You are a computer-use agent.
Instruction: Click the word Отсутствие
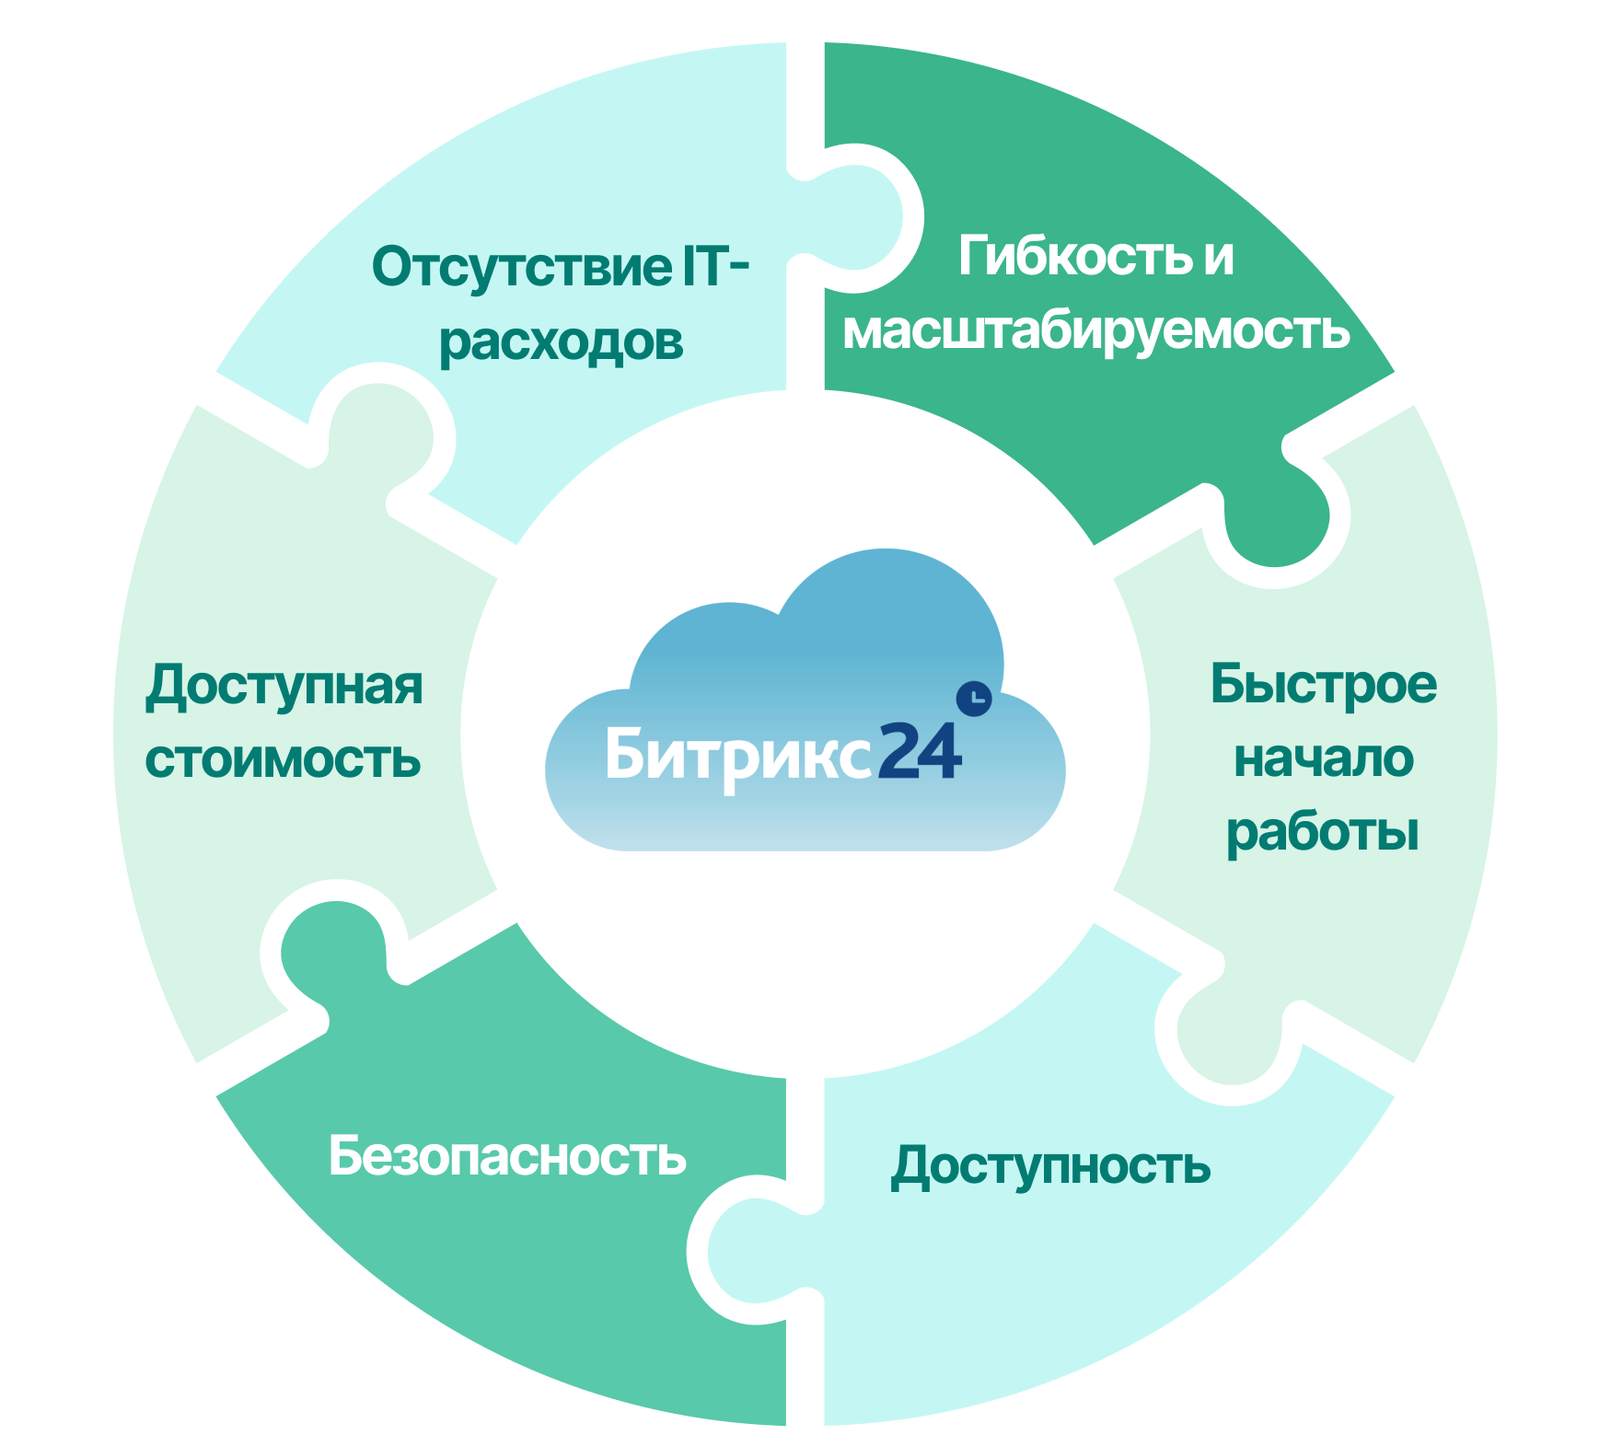(x=521, y=267)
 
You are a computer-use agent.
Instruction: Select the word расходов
(x=561, y=342)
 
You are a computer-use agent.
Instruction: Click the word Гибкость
(x=1072, y=255)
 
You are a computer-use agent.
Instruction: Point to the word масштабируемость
(x=1095, y=330)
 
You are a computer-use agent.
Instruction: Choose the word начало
(x=1323, y=759)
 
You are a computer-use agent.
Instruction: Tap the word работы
(x=1323, y=833)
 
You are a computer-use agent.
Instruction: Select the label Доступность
(x=1050, y=1166)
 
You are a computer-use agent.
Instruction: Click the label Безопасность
(x=507, y=1156)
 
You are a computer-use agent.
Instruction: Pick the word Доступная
(x=284, y=686)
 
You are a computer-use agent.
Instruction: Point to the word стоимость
(x=284, y=760)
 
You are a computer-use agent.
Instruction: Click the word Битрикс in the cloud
(x=736, y=755)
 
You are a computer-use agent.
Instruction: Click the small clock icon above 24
(x=974, y=699)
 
